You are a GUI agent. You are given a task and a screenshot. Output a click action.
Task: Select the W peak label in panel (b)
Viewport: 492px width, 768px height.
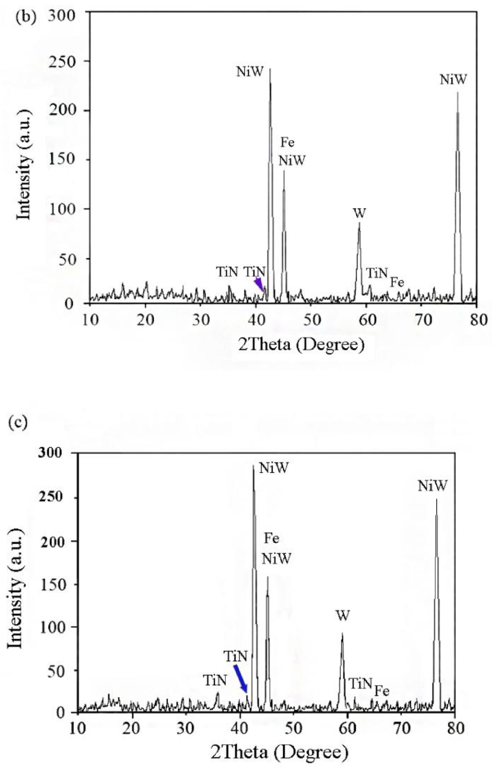point(359,213)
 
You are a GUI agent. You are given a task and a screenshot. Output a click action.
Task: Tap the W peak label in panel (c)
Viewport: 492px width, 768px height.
point(342,616)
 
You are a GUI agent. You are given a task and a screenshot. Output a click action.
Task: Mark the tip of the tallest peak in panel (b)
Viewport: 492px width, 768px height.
point(270,69)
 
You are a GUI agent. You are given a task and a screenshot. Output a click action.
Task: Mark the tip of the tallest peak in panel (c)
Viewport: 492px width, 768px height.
point(253,465)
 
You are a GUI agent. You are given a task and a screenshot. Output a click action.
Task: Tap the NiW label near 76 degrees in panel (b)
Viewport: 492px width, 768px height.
point(453,79)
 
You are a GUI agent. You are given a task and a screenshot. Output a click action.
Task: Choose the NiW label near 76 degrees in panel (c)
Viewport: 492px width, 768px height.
point(433,486)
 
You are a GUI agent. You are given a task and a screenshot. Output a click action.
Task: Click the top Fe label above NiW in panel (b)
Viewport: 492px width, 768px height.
point(287,143)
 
